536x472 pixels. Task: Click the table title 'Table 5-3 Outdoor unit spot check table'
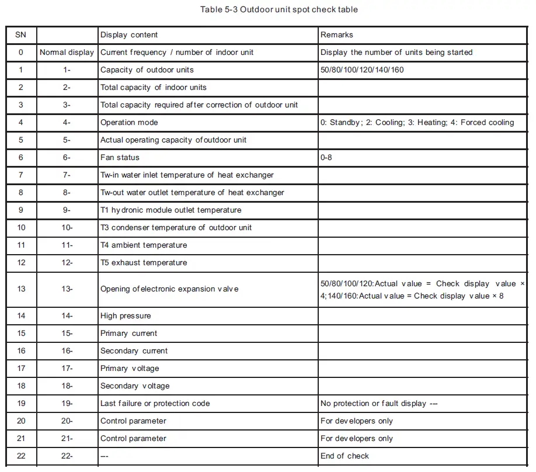tap(279, 9)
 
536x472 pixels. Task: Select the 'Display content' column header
tap(129, 35)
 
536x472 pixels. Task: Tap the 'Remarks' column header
tap(337, 35)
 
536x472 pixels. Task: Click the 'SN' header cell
tap(21, 35)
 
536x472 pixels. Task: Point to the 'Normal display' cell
tap(67, 53)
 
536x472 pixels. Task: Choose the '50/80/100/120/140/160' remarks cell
tap(362, 70)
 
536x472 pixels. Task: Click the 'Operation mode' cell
tap(129, 123)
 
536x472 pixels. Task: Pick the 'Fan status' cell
tap(120, 158)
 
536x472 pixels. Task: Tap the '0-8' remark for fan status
tap(326, 158)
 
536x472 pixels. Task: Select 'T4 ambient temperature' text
tap(144, 245)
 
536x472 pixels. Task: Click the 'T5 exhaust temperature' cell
tap(144, 263)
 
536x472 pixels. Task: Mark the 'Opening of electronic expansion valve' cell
tap(169, 289)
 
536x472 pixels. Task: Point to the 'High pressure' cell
tap(126, 316)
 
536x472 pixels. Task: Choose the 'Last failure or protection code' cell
tap(155, 404)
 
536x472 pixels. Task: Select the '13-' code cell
tap(67, 289)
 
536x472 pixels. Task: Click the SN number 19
tap(21, 404)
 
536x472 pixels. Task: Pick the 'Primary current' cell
tap(128, 334)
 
